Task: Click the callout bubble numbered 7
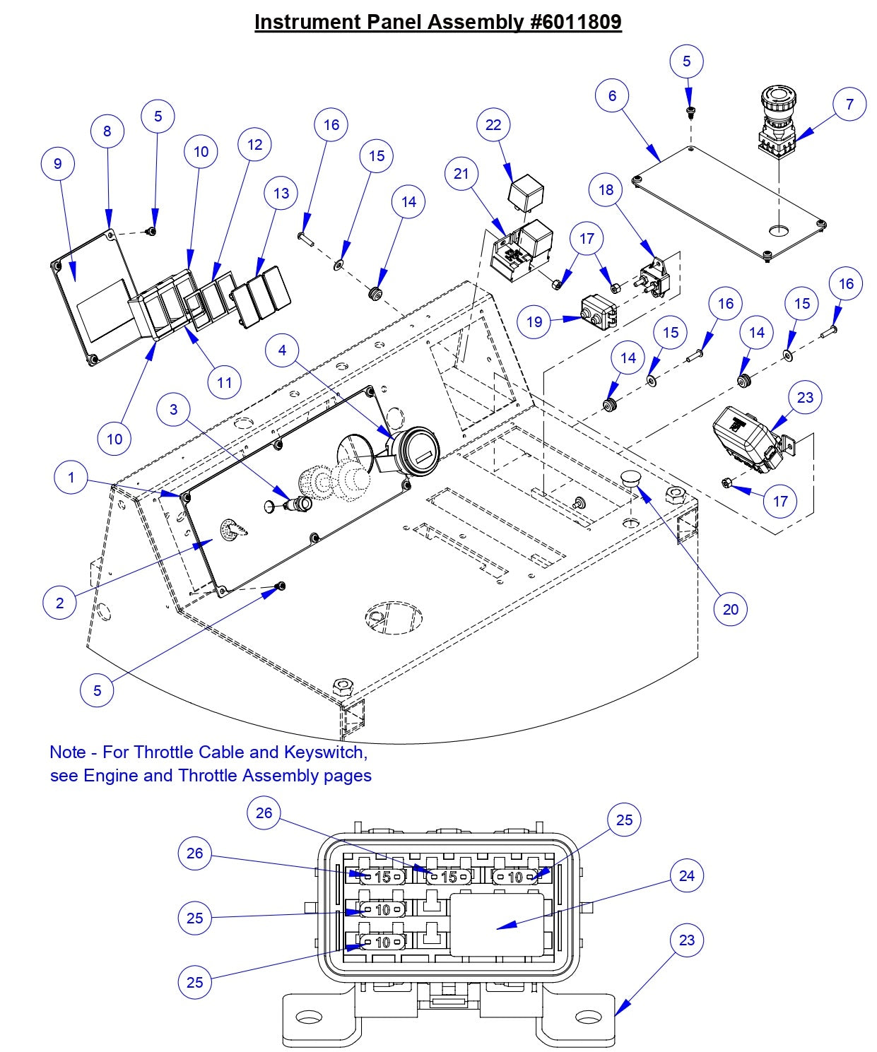click(x=849, y=104)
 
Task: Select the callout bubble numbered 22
click(x=493, y=125)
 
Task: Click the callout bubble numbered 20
click(x=730, y=609)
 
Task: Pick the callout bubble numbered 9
click(x=58, y=164)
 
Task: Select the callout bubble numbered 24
click(x=686, y=876)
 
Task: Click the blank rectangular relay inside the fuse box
click(x=497, y=924)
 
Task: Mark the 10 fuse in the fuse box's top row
click(x=515, y=877)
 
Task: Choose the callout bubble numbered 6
click(x=612, y=95)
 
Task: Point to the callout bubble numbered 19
click(x=534, y=322)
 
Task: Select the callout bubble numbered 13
click(x=281, y=193)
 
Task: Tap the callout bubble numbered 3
click(x=173, y=409)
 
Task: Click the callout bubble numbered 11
click(x=224, y=382)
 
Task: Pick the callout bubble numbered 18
click(x=606, y=190)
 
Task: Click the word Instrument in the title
click(x=306, y=22)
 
